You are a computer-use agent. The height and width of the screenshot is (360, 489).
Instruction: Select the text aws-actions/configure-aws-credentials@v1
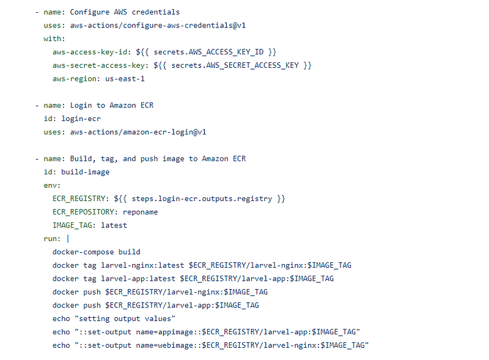point(158,25)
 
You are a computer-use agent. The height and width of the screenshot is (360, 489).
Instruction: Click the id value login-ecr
point(81,119)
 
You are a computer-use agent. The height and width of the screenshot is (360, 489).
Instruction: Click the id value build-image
point(85,172)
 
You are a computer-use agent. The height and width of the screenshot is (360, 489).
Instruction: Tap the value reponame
point(141,211)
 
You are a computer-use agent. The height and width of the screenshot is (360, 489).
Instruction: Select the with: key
point(54,38)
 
